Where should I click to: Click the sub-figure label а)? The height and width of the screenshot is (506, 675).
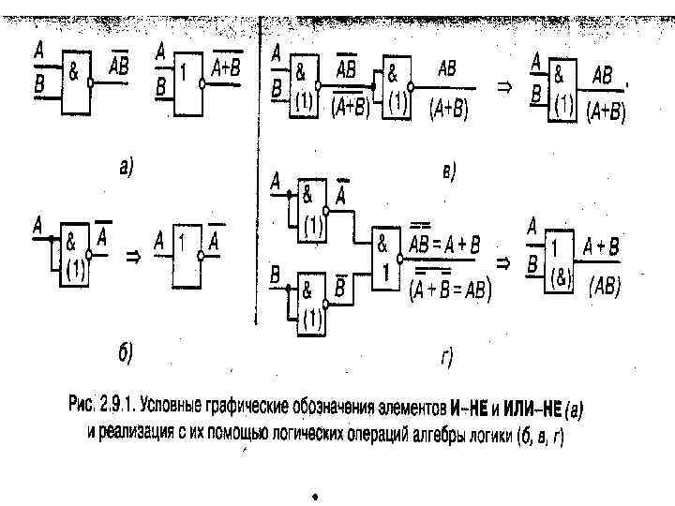point(126,168)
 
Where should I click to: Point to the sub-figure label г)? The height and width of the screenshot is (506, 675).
point(447,356)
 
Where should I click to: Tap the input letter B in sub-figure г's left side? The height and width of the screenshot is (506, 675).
point(275,274)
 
